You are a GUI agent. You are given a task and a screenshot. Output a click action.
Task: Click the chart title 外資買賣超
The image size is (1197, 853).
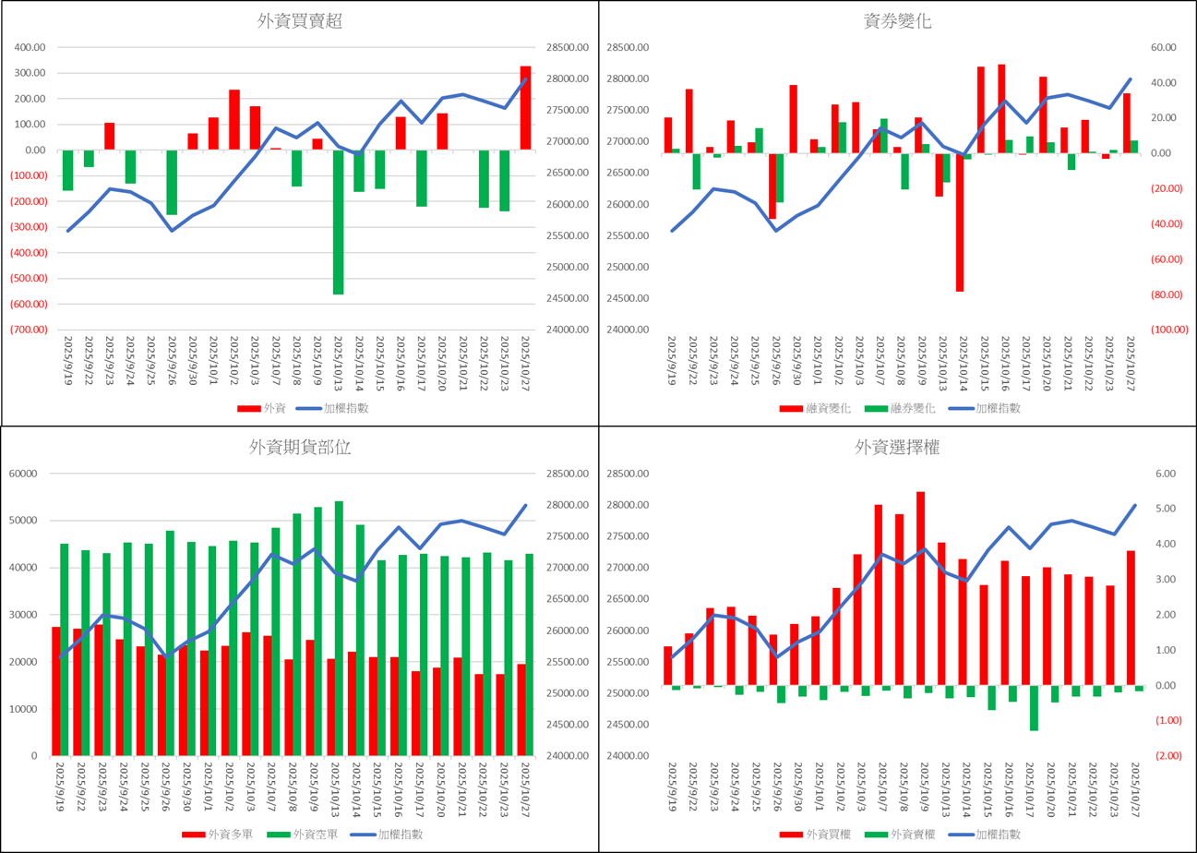(x=300, y=22)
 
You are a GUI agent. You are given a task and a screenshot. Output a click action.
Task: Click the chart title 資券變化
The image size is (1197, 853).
(x=898, y=22)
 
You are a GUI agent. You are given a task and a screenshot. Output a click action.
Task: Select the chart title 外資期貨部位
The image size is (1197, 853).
(x=300, y=448)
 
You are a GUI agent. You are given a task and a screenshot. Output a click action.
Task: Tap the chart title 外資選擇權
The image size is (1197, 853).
(x=898, y=448)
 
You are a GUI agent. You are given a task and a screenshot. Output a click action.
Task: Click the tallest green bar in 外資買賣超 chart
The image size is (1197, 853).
(x=338, y=222)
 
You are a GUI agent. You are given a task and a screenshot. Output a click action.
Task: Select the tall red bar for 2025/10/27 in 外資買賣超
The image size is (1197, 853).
(x=525, y=107)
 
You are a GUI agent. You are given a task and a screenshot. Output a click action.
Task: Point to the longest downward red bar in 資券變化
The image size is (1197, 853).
(x=960, y=222)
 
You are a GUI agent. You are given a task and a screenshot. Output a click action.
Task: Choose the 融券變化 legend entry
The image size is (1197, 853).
(x=903, y=408)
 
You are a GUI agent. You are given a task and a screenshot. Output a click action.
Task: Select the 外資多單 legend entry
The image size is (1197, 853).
(x=218, y=834)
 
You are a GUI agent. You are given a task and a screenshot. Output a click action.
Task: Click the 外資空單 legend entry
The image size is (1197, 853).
(x=305, y=834)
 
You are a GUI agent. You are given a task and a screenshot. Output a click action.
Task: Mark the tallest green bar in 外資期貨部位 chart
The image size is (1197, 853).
(x=339, y=628)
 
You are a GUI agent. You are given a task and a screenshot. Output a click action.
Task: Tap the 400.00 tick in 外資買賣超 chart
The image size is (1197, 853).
(x=30, y=48)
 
